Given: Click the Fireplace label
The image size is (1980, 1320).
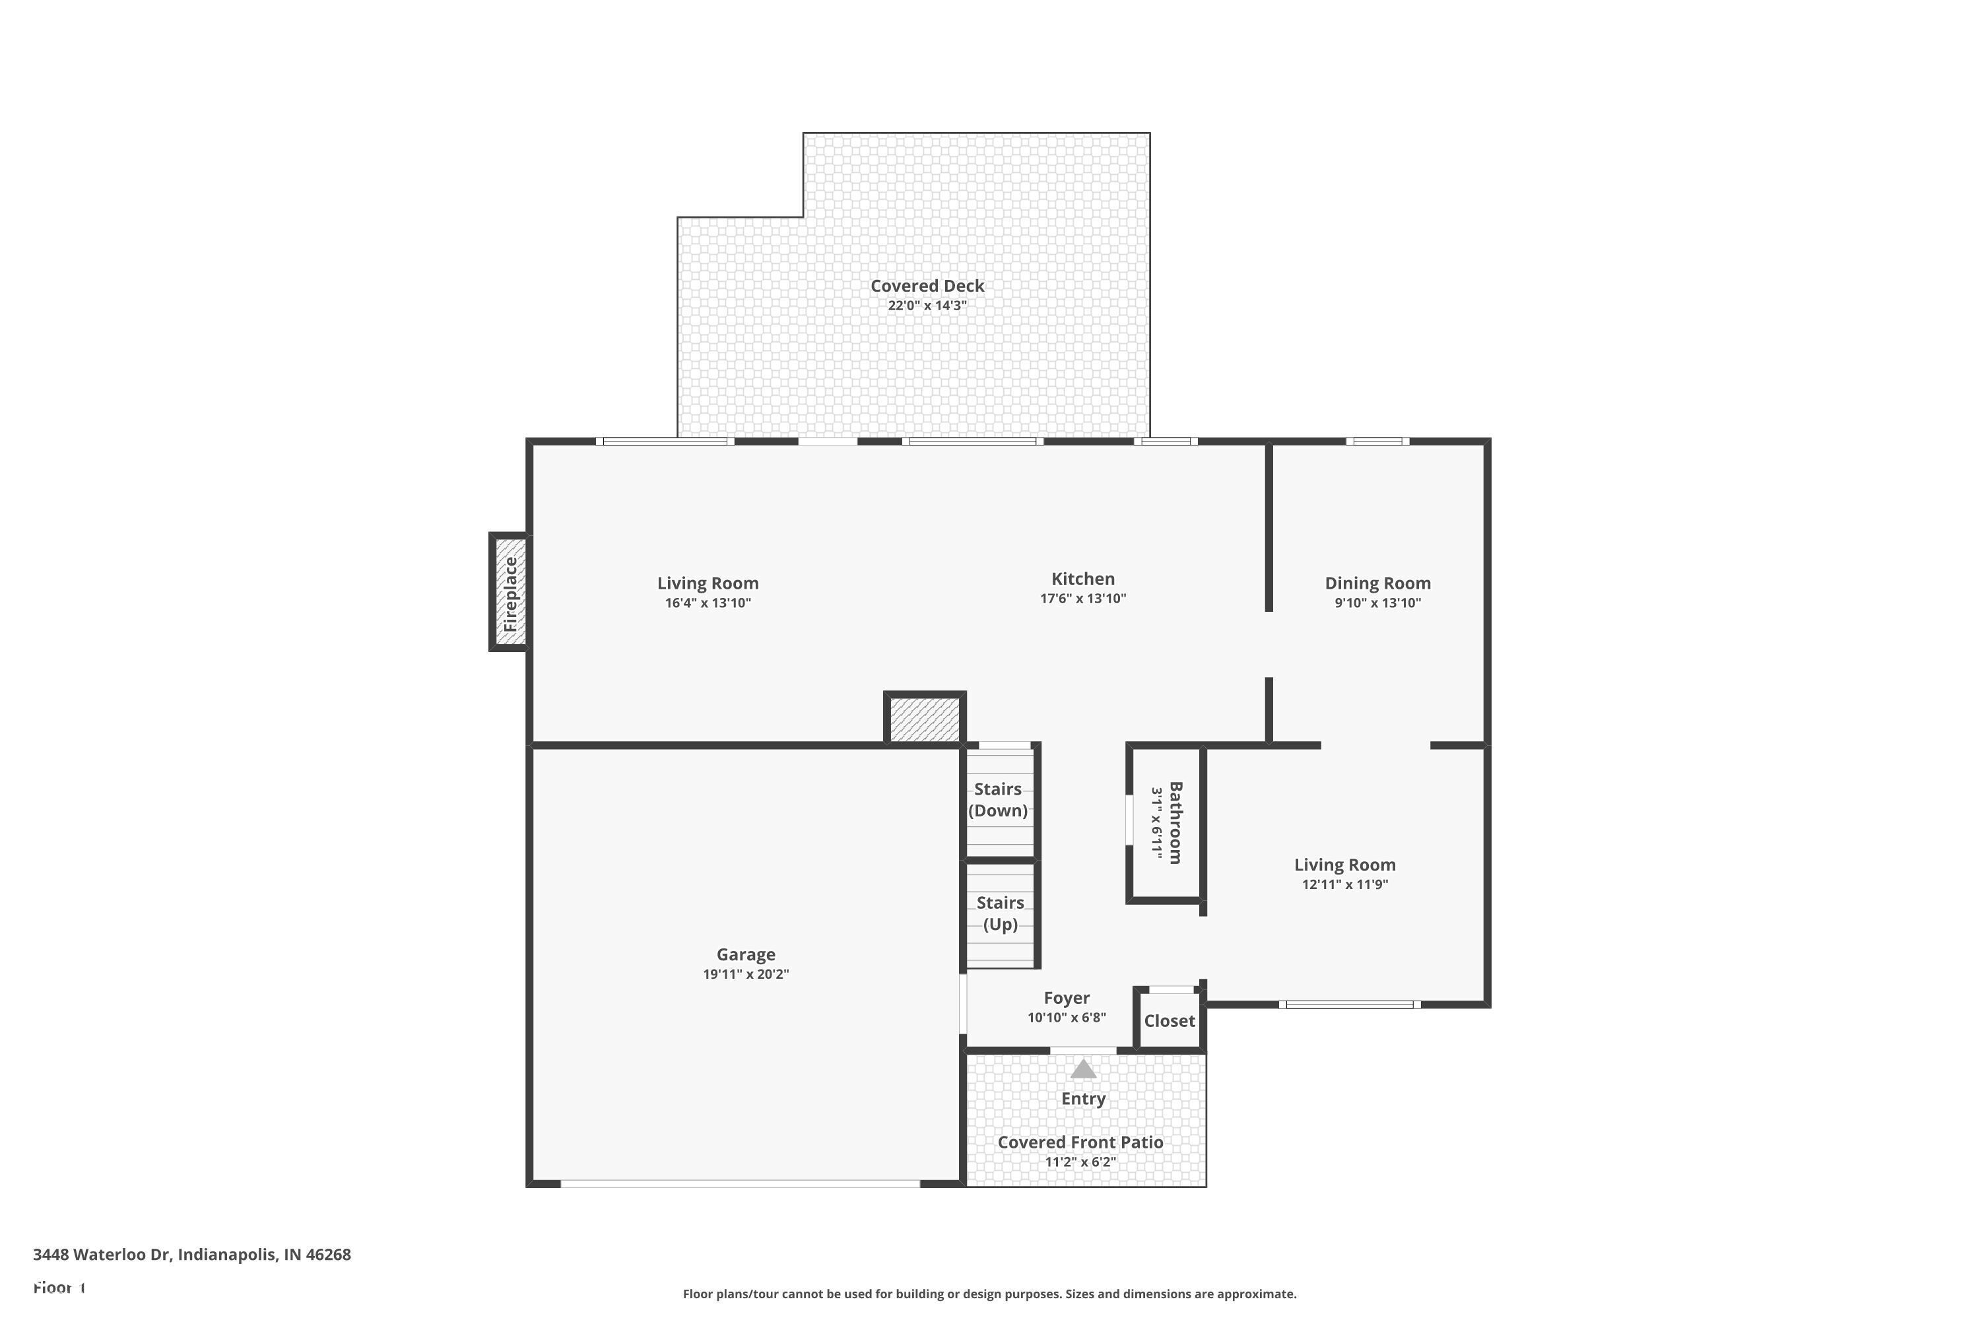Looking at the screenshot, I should (510, 595).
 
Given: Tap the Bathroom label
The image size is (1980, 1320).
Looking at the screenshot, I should (1175, 822).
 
